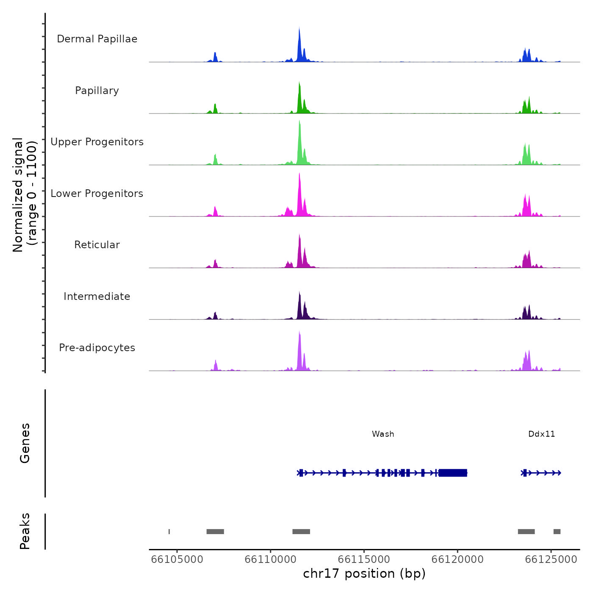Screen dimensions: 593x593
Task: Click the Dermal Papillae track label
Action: pos(97,39)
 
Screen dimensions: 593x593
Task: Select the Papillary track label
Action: pos(97,91)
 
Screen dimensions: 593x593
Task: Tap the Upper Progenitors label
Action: pos(97,142)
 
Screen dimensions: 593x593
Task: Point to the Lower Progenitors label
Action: pos(97,194)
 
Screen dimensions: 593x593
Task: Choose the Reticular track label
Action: pos(97,245)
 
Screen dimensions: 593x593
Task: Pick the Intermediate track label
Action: pos(97,296)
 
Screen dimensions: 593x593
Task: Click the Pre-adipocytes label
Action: pos(97,348)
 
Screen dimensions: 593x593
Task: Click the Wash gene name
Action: pos(383,434)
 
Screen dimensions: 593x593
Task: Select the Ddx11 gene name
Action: pos(541,434)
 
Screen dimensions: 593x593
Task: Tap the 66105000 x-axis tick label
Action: pos(177,560)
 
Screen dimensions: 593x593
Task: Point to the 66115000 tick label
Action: pos(364,560)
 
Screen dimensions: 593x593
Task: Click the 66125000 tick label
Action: pos(551,560)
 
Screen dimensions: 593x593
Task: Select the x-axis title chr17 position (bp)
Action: pos(364,574)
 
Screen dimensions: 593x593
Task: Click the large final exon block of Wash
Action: pos(453,473)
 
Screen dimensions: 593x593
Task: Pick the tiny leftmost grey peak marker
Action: pos(169,532)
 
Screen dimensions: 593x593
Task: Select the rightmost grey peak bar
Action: pos(557,532)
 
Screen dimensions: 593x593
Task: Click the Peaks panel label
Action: pos(25,531)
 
